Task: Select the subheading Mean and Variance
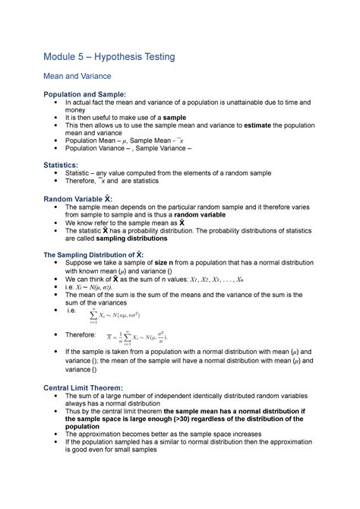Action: point(78,76)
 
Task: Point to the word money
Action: point(76,111)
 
